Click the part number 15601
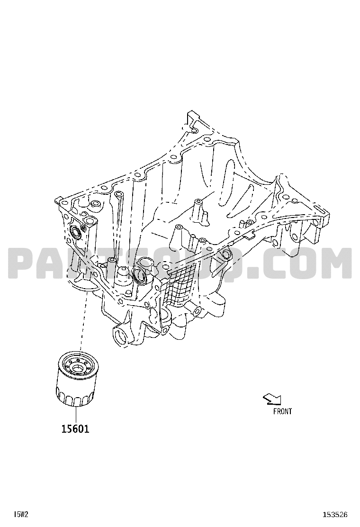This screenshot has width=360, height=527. (75, 429)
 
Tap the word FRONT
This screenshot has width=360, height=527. (282, 411)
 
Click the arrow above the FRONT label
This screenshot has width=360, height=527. (272, 399)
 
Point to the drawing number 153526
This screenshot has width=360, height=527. (335, 514)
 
